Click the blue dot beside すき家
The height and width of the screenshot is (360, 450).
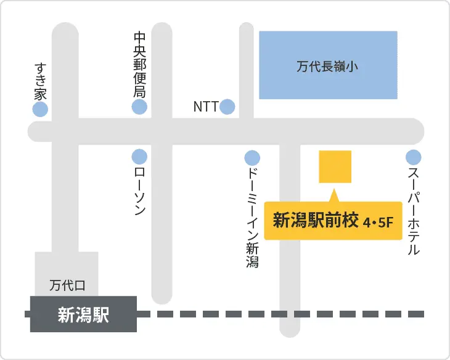[40, 110]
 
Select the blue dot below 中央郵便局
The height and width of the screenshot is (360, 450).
[140, 107]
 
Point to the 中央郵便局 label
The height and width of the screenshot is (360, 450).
[140, 65]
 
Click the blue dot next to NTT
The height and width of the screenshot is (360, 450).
[227, 107]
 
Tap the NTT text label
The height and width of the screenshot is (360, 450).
[205, 107]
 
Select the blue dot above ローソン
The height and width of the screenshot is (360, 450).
[140, 157]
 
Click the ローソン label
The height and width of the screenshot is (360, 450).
[140, 192]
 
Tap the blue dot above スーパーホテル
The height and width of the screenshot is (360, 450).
[413, 157]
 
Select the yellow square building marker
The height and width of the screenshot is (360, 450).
[335, 166]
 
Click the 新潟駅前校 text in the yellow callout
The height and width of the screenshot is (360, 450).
[315, 221]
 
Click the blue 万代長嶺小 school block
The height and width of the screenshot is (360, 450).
[327, 64]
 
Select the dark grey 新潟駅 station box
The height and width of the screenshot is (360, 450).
[83, 314]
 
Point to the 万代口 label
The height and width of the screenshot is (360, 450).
[67, 286]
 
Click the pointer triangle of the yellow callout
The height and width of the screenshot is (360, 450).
[335, 196]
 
